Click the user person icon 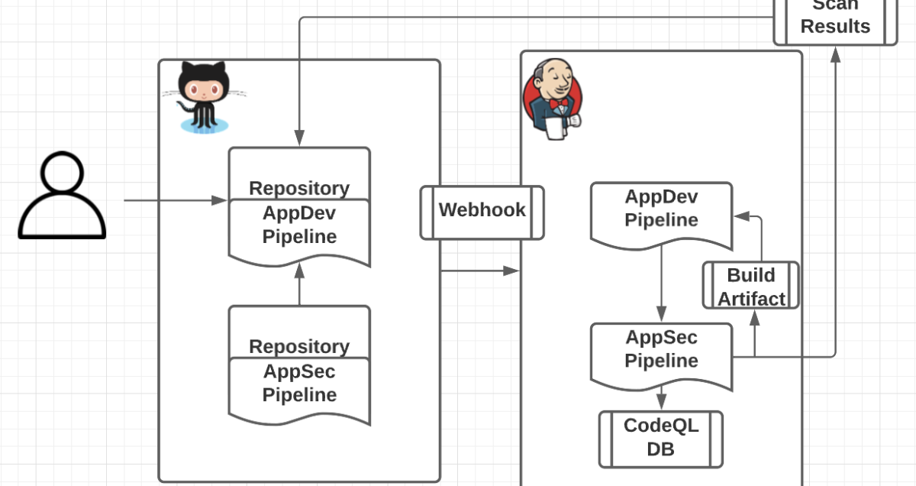pyautogui.click(x=62, y=196)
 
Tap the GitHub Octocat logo pyautogui.click(x=203, y=96)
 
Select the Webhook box pyautogui.click(x=482, y=212)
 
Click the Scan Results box pyautogui.click(x=835, y=19)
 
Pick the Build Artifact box pyautogui.click(x=750, y=286)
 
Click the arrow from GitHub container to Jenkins pyautogui.click(x=479, y=270)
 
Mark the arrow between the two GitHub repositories pyautogui.click(x=299, y=284)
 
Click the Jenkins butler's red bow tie pyautogui.click(x=560, y=104)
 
